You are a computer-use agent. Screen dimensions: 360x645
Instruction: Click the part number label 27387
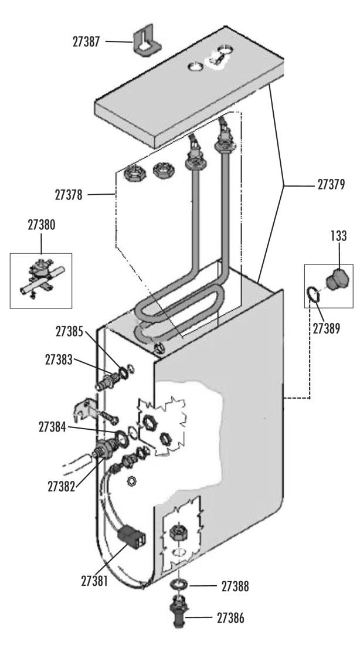[x=86, y=42]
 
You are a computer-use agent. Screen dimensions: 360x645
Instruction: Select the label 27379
[x=331, y=185]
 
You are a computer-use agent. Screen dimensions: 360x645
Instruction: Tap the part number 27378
[x=69, y=195]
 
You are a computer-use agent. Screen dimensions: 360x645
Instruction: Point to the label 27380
[x=42, y=225]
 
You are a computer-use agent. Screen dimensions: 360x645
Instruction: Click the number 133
[x=339, y=236]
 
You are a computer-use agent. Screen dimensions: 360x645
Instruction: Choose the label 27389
[x=326, y=329]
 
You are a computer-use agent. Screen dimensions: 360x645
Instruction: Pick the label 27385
[x=70, y=332]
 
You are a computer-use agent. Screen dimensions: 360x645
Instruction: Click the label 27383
[x=59, y=360]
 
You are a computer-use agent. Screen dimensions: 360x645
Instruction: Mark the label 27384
[x=52, y=427]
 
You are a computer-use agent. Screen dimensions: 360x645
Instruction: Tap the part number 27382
[x=62, y=487]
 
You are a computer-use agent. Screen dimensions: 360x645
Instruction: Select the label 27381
[x=94, y=581]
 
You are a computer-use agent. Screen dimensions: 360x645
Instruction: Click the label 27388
[x=235, y=586]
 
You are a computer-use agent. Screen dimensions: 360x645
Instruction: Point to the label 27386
[x=230, y=618]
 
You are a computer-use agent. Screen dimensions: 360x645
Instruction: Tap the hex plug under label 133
[x=337, y=280]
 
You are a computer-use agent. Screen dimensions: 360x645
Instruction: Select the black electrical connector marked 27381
[x=131, y=535]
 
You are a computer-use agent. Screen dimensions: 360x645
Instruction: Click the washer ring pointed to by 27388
[x=179, y=584]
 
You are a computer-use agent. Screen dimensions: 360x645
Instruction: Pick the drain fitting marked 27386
[x=180, y=611]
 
